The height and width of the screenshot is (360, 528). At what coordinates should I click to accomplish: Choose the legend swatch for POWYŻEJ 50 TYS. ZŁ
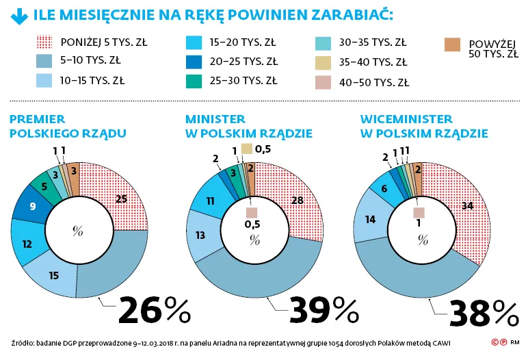click(x=451, y=44)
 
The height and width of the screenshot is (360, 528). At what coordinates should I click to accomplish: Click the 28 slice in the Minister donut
click(x=296, y=200)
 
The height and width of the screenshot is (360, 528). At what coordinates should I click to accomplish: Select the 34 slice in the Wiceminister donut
click(x=464, y=206)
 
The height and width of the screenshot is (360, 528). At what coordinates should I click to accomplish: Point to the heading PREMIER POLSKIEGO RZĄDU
click(x=53, y=126)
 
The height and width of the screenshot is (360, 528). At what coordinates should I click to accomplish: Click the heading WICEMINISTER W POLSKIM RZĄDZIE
click(x=423, y=126)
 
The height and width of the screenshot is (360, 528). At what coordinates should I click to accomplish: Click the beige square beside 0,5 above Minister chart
click(x=247, y=149)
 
